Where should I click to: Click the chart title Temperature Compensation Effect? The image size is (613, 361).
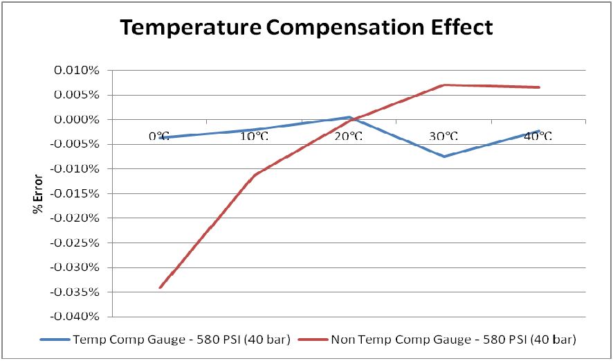coord(306,28)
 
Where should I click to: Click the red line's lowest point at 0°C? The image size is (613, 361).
coord(160,288)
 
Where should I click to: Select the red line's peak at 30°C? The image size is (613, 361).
coord(444,85)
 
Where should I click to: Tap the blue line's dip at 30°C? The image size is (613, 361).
coord(444,157)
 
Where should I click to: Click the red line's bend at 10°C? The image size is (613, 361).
coord(255,175)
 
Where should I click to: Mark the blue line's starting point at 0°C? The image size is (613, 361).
coord(160,138)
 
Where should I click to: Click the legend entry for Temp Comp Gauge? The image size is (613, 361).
coord(167,340)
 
